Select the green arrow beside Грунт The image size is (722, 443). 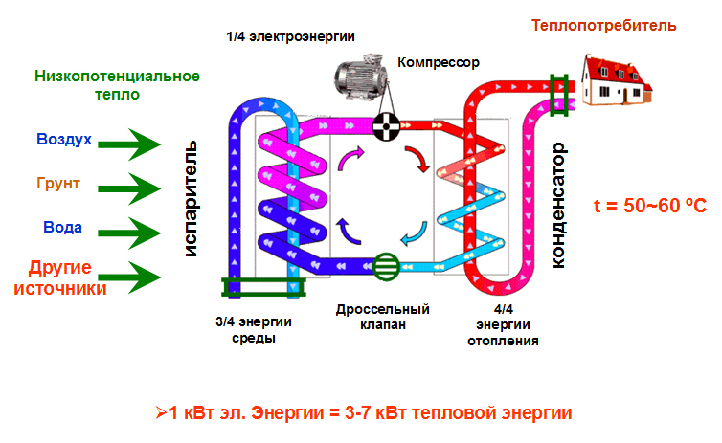pos(131,187)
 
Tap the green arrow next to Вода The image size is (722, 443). pos(131,231)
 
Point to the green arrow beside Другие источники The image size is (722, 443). pos(131,277)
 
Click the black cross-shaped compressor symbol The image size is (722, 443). pos(388,124)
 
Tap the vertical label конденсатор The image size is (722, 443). pos(562,205)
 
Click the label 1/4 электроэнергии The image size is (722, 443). pos(291,36)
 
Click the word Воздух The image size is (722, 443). pos(64,140)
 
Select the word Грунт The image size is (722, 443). pos(58,183)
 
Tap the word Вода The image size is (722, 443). pos(62,228)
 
